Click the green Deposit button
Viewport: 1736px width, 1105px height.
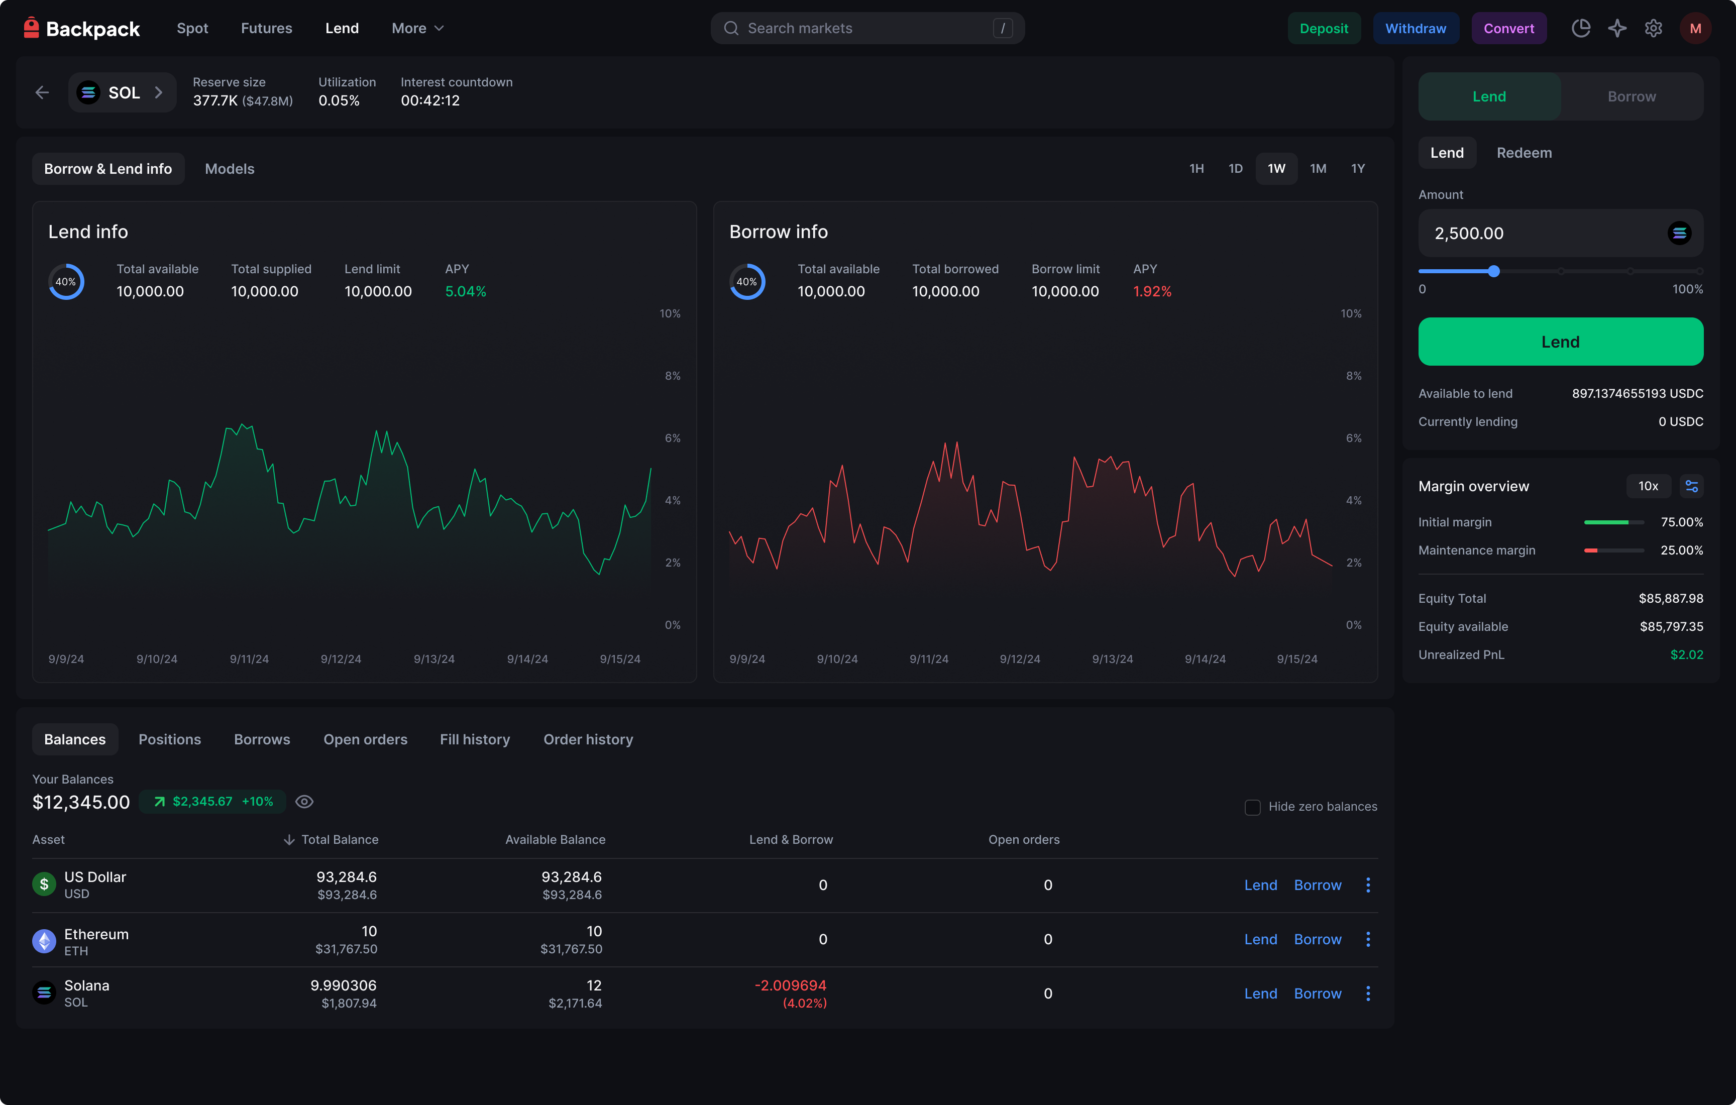pyautogui.click(x=1324, y=28)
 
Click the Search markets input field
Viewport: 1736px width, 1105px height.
pyautogui.click(x=867, y=28)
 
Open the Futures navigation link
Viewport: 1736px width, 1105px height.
pyautogui.click(x=267, y=28)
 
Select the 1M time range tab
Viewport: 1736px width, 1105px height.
pyautogui.click(x=1318, y=169)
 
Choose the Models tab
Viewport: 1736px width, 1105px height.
pyautogui.click(x=229, y=169)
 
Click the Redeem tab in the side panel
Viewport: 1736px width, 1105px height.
pyautogui.click(x=1524, y=153)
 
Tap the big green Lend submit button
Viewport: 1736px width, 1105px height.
pyautogui.click(x=1561, y=342)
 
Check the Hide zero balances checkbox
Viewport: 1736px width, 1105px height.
pyautogui.click(x=1252, y=807)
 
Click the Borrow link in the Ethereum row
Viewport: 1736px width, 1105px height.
pyautogui.click(x=1317, y=939)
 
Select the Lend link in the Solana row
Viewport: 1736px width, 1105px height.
pyautogui.click(x=1260, y=993)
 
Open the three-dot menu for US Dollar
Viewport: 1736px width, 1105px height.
pyautogui.click(x=1368, y=885)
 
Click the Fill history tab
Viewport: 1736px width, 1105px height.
pyautogui.click(x=474, y=739)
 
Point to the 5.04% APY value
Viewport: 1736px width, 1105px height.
pyautogui.click(x=466, y=291)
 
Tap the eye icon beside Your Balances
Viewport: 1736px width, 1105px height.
pyautogui.click(x=304, y=802)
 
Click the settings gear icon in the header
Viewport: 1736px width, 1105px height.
pyautogui.click(x=1653, y=28)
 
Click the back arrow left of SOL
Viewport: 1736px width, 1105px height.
pyautogui.click(x=42, y=92)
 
